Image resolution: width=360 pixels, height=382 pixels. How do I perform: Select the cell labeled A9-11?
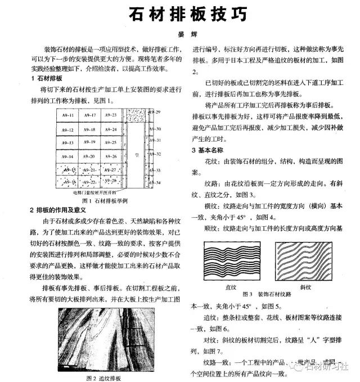click(68, 115)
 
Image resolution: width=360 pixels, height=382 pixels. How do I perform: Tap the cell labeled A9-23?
click(110, 115)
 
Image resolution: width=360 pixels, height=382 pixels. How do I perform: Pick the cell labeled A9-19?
click(89, 142)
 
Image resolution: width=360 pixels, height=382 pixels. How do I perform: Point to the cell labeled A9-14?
click(68, 156)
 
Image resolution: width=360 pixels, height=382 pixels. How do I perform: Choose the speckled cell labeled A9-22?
click(89, 182)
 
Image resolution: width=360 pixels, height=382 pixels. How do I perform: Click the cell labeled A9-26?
click(110, 156)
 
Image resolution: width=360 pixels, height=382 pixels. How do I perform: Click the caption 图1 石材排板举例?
click(105, 201)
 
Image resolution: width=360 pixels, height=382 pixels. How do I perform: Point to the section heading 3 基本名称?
click(208, 150)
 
